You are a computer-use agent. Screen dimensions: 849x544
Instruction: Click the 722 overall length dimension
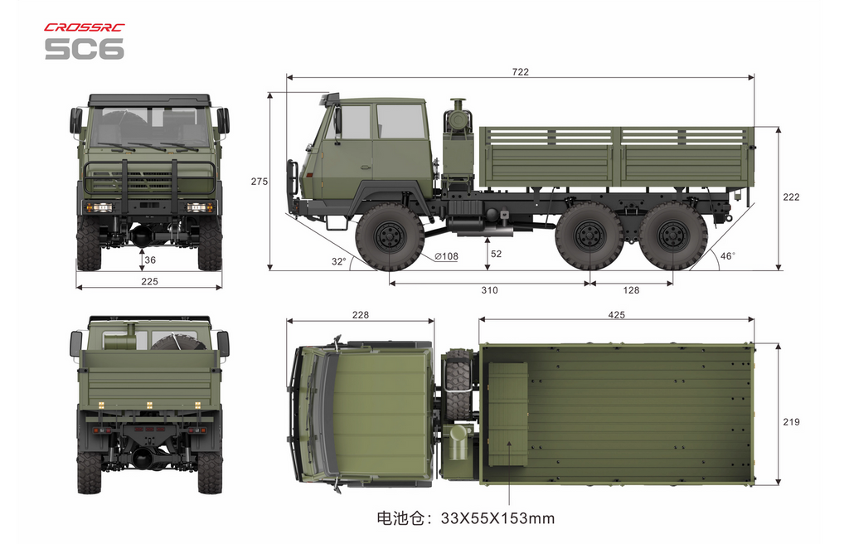point(520,71)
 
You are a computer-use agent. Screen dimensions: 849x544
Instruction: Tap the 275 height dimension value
point(260,182)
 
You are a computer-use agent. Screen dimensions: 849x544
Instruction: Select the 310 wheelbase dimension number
point(489,290)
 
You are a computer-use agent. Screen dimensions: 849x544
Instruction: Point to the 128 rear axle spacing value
point(631,290)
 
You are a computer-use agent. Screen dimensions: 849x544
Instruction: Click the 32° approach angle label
point(339,261)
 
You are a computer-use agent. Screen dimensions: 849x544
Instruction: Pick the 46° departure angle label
point(728,255)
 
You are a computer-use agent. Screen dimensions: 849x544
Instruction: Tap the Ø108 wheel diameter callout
point(446,256)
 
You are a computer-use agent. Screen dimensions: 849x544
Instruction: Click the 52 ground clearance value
point(496,254)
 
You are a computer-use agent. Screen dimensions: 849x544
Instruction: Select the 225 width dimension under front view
point(149,281)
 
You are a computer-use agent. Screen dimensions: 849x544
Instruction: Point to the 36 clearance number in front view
point(150,260)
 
